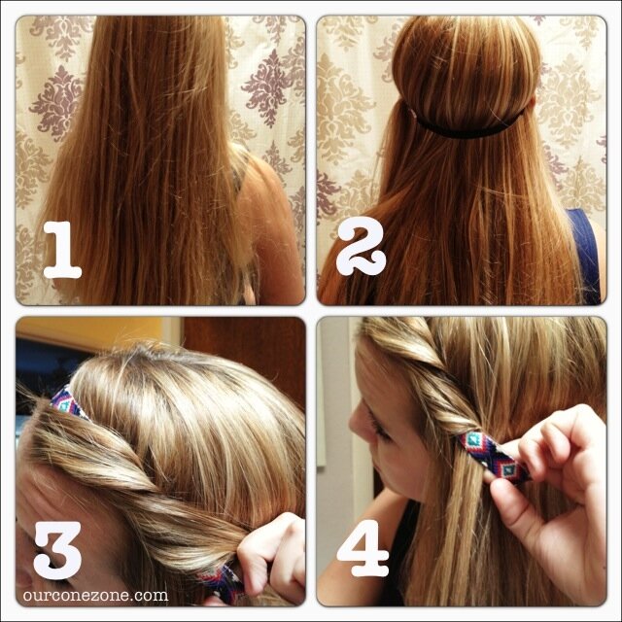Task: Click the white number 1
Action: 62,250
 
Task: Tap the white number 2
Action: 361,247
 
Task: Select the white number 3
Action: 58,550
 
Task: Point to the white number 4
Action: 363,548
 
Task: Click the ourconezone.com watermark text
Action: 95,596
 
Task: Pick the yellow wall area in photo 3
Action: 91,332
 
